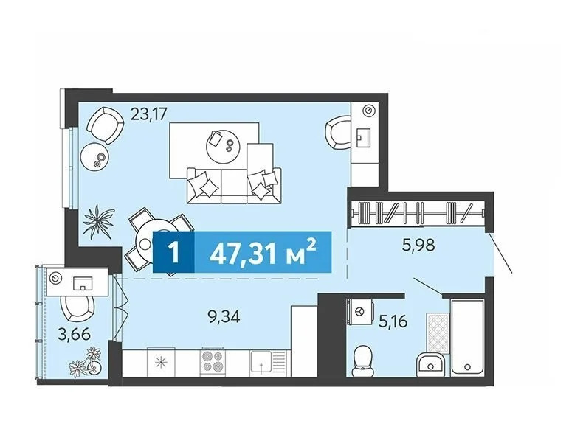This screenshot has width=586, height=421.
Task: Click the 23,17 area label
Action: (148, 114)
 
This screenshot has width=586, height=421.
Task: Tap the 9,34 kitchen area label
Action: (224, 317)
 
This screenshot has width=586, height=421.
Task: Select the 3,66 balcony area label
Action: (75, 334)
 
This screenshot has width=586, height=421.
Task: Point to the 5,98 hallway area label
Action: (419, 245)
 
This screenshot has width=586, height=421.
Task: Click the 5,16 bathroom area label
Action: (393, 321)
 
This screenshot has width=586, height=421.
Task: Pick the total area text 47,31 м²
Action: (263, 252)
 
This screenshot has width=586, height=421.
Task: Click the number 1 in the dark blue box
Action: (173, 252)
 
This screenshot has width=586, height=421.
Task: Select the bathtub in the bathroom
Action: (467, 338)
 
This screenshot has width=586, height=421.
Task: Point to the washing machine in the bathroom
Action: (360, 312)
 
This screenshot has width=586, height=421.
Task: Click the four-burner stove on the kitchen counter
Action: (213, 362)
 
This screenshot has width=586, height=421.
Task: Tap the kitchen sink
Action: (261, 363)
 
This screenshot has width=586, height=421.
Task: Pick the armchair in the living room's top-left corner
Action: (105, 125)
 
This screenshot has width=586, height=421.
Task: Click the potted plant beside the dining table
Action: (98, 222)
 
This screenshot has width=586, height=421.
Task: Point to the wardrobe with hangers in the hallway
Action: (418, 215)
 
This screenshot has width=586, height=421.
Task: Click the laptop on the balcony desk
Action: (83, 283)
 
